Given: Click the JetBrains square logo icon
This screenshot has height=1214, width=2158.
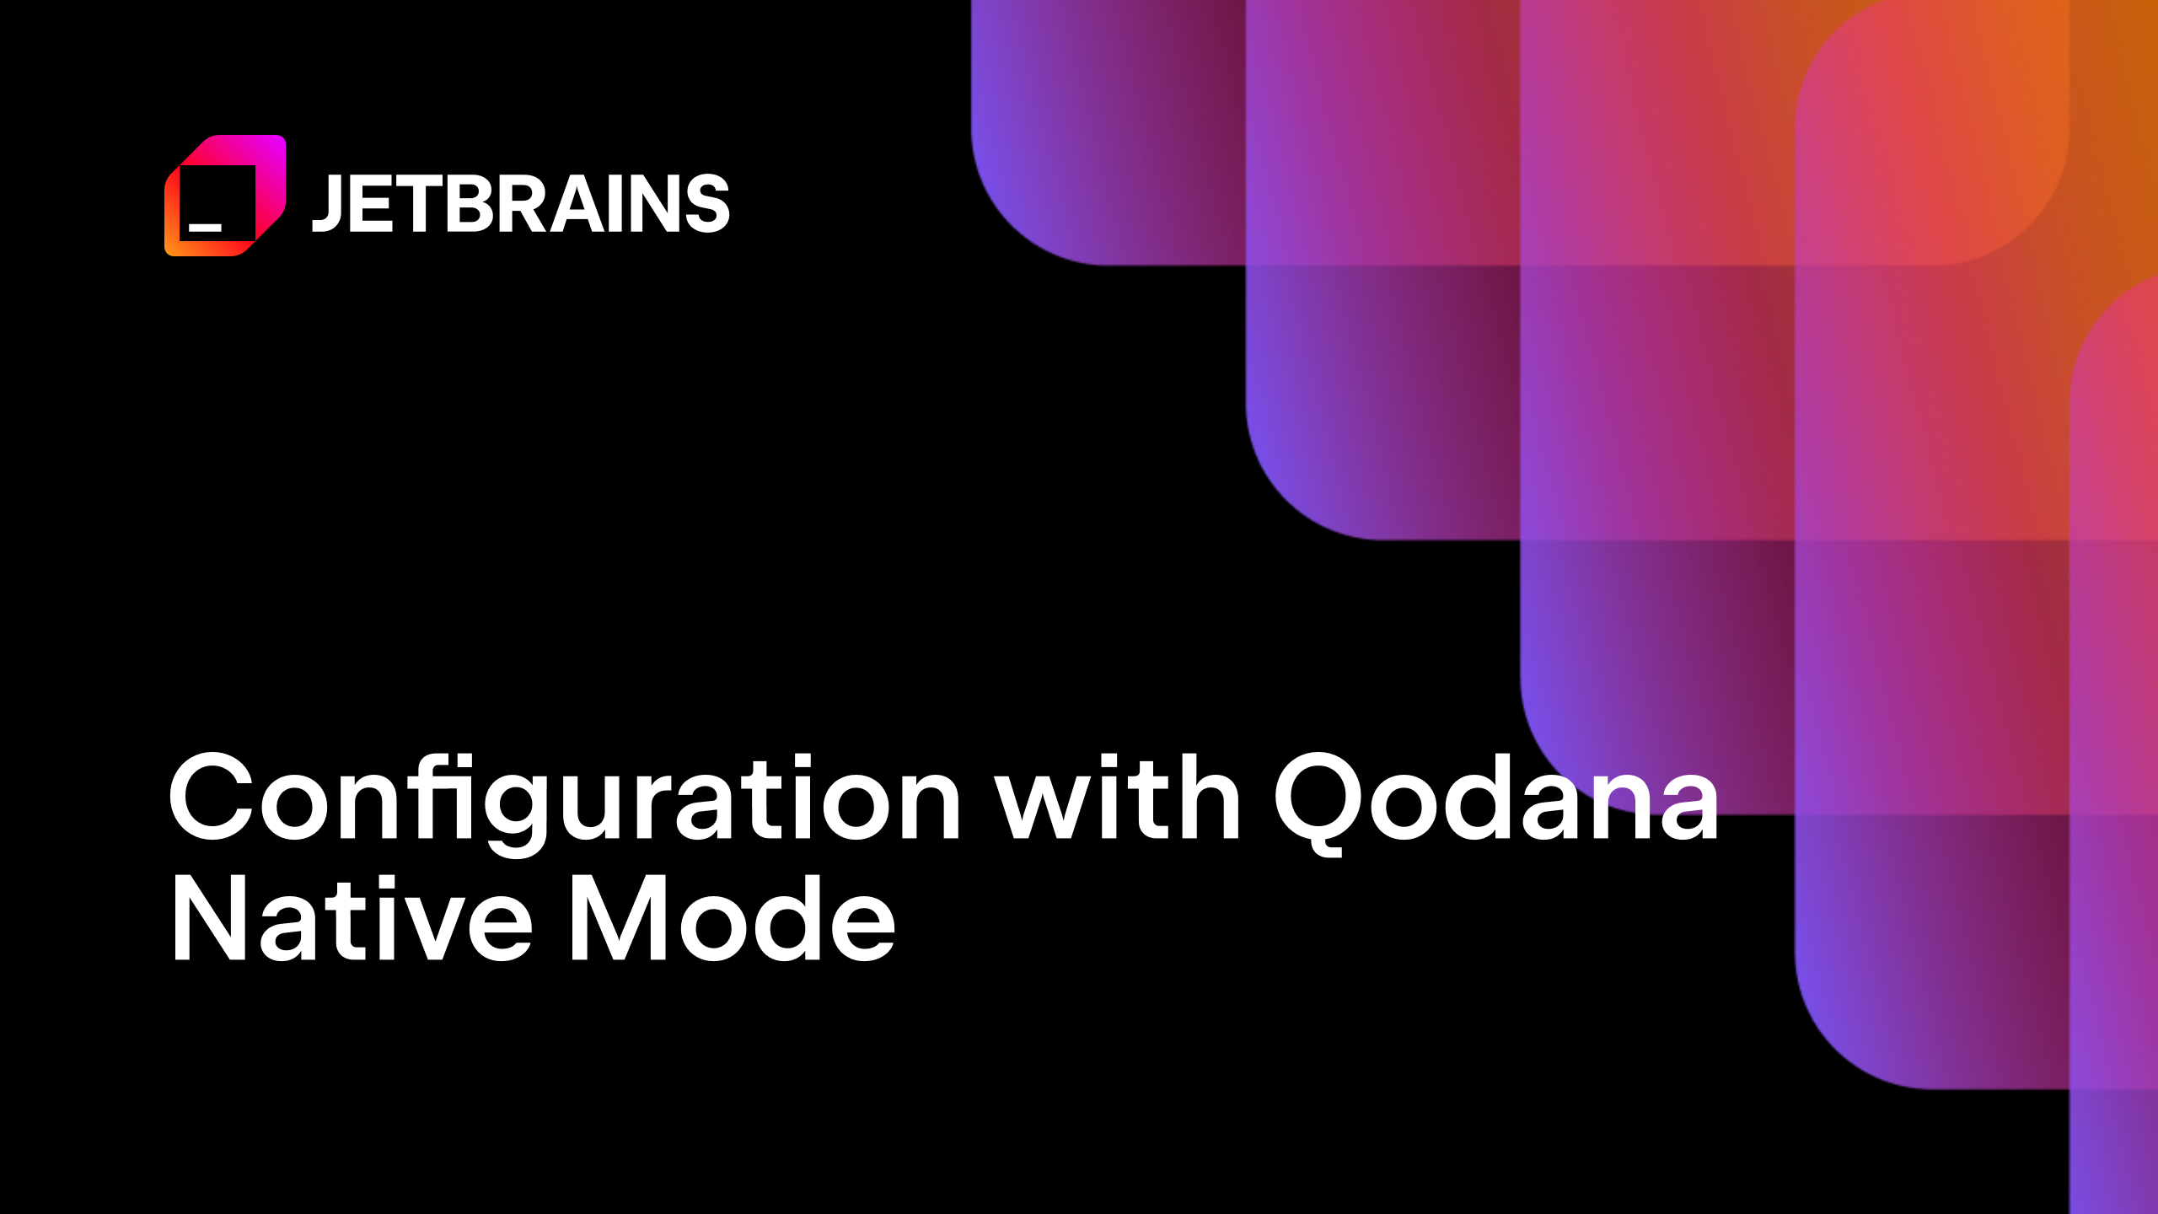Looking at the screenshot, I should coord(225,196).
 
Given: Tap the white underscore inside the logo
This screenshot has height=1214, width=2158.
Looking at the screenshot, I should coord(205,227).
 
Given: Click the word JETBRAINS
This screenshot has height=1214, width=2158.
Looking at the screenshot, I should coord(520,203).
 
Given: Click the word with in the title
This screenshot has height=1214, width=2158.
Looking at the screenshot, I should coord(1118,798).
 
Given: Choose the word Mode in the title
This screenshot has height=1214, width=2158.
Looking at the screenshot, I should coord(733,918).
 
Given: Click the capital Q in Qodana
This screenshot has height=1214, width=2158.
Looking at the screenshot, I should coord(1317,801).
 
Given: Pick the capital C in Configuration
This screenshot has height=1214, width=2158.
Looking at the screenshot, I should coord(211,797).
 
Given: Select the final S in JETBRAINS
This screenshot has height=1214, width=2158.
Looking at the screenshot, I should coord(706,204).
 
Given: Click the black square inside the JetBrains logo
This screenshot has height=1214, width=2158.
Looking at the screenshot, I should coord(217,202).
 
